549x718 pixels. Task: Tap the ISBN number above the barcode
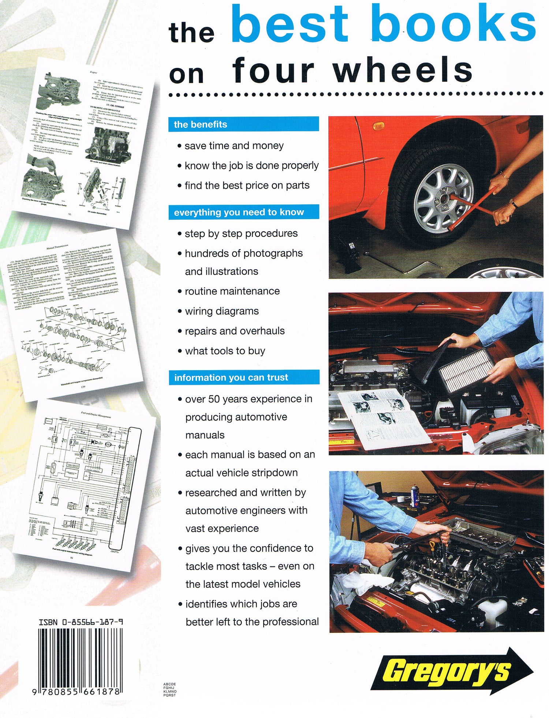(x=81, y=621)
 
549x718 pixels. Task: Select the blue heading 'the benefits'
(x=201, y=124)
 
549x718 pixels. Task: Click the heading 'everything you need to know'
(x=239, y=212)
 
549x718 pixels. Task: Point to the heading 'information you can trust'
(x=231, y=377)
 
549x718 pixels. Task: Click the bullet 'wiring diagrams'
(x=222, y=311)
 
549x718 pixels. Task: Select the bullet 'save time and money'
(x=234, y=146)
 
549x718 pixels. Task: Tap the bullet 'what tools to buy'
(x=225, y=351)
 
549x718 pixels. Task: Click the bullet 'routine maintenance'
(x=232, y=291)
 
